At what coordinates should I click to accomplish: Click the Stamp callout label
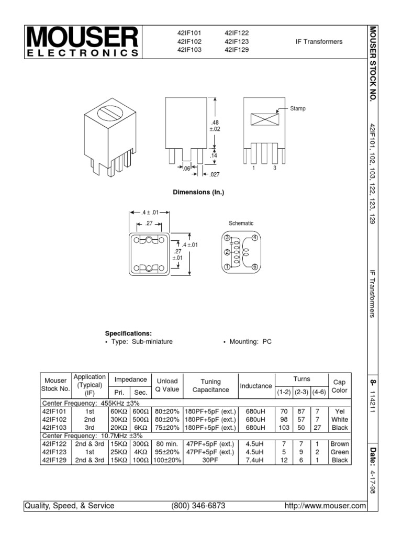[298, 108]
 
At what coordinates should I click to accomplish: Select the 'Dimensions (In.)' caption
[198, 192]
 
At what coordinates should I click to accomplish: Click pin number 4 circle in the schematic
[255, 238]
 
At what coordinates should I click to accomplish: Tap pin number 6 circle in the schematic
[255, 266]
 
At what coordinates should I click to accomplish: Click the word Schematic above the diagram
[241, 224]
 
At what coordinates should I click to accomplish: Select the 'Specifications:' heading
[128, 333]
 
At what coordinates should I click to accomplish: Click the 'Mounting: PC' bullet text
[247, 341]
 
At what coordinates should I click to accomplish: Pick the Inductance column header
[256, 386]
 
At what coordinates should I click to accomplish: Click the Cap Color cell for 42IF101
[339, 411]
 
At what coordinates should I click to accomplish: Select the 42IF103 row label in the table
[55, 428]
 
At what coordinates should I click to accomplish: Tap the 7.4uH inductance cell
[256, 460]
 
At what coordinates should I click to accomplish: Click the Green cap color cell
[339, 452]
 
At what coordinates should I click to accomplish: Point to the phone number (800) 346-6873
[198, 506]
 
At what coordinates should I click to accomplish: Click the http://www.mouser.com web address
[325, 506]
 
